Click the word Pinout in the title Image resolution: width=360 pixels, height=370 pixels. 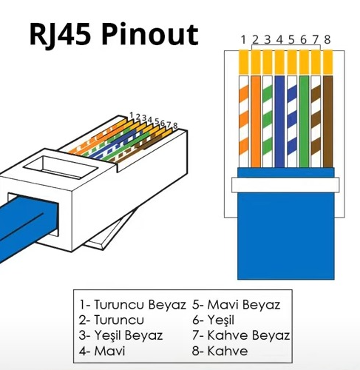tap(149, 36)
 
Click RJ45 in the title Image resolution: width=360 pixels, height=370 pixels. tap(59, 36)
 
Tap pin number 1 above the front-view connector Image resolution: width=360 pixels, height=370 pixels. tap(243, 40)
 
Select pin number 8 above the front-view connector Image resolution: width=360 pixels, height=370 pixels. tap(327, 40)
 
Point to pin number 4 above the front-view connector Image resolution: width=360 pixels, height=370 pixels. tap(279, 40)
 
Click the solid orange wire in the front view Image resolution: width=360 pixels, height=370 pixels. tap(256, 121)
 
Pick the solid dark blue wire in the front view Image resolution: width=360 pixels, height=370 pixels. tap(279, 121)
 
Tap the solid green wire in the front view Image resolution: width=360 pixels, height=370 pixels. tap(304, 121)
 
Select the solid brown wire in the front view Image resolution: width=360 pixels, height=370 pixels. tap(327, 121)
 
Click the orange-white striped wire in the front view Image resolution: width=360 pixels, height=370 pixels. tap(244, 121)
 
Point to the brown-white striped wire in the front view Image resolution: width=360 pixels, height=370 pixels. tap(316, 121)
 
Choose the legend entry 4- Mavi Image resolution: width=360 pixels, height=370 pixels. tap(102, 351)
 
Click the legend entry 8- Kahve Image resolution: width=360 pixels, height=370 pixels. tap(220, 351)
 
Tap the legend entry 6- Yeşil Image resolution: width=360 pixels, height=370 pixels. tap(213, 320)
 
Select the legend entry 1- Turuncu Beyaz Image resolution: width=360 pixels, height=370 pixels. tap(132, 305)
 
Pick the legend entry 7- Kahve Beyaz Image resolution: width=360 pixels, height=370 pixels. tap(241, 335)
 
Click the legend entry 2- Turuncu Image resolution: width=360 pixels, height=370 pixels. tap(112, 320)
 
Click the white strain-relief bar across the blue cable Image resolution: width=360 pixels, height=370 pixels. tap(285, 185)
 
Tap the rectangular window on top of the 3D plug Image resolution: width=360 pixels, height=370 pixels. tap(61, 166)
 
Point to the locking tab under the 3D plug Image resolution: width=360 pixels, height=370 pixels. tap(106, 233)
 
